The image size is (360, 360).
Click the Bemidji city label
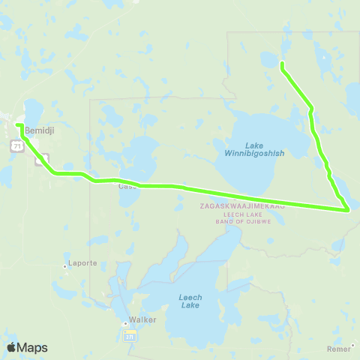(x=37, y=130)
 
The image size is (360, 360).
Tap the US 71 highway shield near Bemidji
(x=16, y=146)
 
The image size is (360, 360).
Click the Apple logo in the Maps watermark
(x=12, y=347)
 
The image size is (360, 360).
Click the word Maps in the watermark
(x=33, y=347)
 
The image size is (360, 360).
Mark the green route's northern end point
(x=281, y=63)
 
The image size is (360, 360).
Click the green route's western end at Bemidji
(x=18, y=125)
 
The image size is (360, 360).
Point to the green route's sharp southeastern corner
(x=348, y=210)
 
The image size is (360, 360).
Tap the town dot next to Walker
(x=125, y=323)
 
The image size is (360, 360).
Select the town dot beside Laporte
(x=65, y=265)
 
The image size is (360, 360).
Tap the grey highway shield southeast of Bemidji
(x=41, y=160)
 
